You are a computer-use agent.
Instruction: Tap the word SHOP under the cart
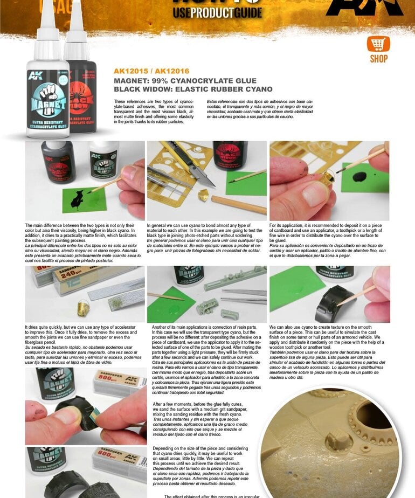[x=378, y=59]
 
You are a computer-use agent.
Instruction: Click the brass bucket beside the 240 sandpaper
[x=84, y=308]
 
